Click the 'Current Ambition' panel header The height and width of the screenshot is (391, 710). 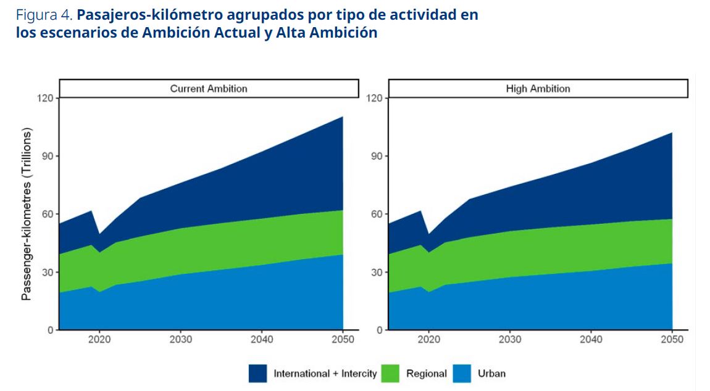(x=209, y=89)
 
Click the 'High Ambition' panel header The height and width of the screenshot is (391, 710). (x=538, y=89)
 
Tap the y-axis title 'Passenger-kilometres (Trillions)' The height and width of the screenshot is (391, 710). (x=26, y=214)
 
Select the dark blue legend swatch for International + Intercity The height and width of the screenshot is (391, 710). (x=257, y=373)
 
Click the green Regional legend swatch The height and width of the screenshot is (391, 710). (x=390, y=373)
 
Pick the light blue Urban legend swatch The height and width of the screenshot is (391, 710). (x=462, y=373)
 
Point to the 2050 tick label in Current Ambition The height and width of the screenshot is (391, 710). (x=343, y=340)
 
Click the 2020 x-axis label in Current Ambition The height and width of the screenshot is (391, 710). (x=99, y=340)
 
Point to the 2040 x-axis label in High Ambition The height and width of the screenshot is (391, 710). (x=591, y=340)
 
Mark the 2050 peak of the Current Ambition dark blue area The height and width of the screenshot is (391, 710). (x=342, y=117)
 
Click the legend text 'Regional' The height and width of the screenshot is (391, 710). (x=426, y=373)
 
